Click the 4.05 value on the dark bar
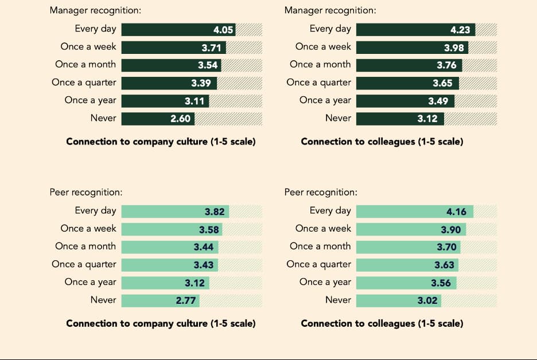pyautogui.click(x=223, y=29)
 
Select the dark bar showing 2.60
pyautogui.click(x=158, y=119)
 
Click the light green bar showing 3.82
pyautogui.click(x=176, y=212)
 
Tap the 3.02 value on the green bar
pyautogui.click(x=427, y=300)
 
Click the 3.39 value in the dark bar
pyautogui.click(x=201, y=83)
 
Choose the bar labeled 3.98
pyautogui.click(x=412, y=47)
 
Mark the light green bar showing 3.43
pyautogui.click(x=169, y=265)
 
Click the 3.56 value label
pyautogui.click(x=441, y=283)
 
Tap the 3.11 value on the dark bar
pyautogui.click(x=194, y=101)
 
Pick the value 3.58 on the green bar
pyautogui.click(x=209, y=229)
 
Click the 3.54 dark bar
pyautogui.click(x=171, y=65)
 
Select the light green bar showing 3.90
pyautogui.click(x=411, y=229)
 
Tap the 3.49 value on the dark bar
pyautogui.click(x=438, y=101)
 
